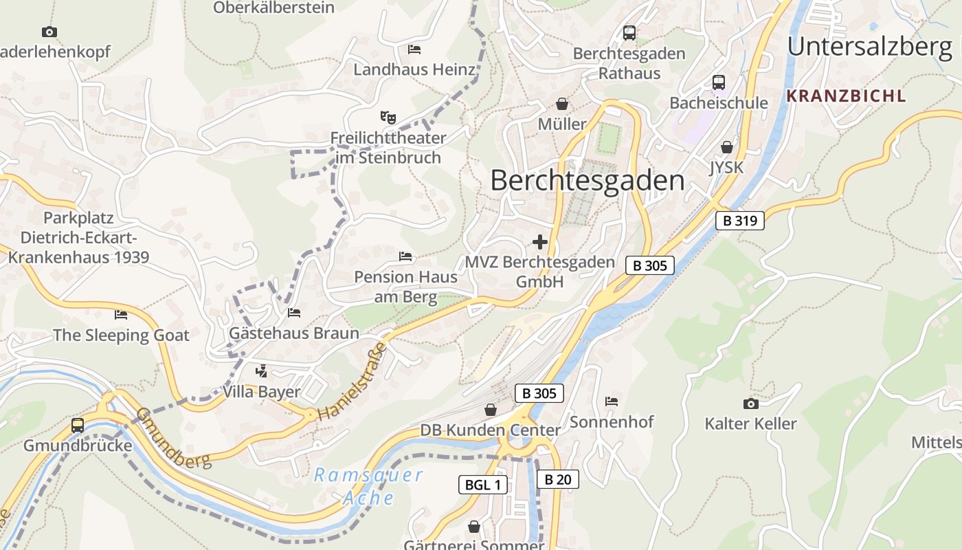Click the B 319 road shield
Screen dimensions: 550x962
click(x=740, y=221)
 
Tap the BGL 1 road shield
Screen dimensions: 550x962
click(x=483, y=485)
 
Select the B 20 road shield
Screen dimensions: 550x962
click(x=557, y=479)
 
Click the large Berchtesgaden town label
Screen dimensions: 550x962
click(x=588, y=181)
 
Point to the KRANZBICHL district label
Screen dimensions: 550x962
click(x=846, y=96)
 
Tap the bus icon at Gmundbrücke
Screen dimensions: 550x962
click(x=78, y=426)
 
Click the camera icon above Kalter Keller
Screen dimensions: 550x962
click(x=750, y=404)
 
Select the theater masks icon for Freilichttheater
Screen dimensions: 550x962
click(x=388, y=118)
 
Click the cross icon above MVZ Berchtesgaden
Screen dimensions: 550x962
click(x=540, y=242)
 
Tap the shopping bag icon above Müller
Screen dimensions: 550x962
click(x=562, y=104)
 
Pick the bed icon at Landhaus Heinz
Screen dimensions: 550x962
click(x=414, y=49)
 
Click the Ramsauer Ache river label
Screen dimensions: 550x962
click(x=368, y=486)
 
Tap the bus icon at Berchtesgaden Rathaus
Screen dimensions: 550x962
click(x=629, y=33)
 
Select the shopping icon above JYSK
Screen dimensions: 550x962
click(x=727, y=147)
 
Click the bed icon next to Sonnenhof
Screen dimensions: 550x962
click(x=612, y=401)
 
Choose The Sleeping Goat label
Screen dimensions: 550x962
click(x=121, y=335)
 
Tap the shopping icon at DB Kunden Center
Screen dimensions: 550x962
click(x=491, y=410)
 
